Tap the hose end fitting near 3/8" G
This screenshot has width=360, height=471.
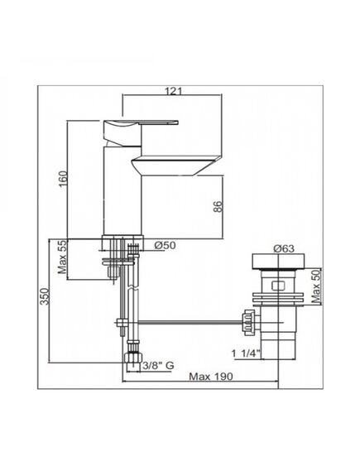[x=129, y=360]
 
